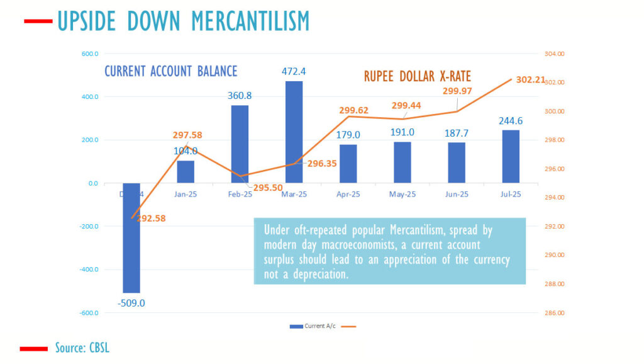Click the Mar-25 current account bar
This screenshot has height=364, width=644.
click(x=294, y=132)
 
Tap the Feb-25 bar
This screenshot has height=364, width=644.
click(x=240, y=144)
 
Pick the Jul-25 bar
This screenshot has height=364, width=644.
click(x=511, y=157)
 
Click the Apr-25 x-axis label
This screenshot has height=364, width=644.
click(x=348, y=195)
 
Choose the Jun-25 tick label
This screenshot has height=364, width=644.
click(x=457, y=195)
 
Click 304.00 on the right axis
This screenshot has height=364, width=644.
click(x=555, y=54)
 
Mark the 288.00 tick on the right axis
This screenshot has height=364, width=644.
click(x=555, y=284)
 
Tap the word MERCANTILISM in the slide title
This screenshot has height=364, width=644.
click(x=250, y=21)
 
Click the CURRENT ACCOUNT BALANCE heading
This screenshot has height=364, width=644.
click(x=170, y=71)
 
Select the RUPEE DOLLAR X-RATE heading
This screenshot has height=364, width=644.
click(x=418, y=76)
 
